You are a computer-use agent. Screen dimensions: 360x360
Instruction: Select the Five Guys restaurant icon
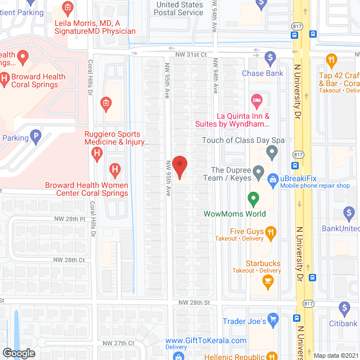pos(271,231)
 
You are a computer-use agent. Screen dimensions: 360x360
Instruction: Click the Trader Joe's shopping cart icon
pos(273,319)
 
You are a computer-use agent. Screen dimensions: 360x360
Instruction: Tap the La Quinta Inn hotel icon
pos(256,102)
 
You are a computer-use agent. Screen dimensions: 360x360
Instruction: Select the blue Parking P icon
pos(35,136)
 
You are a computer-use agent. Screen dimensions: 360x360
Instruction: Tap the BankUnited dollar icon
pos(349,213)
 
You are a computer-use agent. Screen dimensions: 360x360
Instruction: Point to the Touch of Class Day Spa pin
pos(272,151)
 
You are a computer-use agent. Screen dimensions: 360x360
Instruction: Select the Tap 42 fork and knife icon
pos(332,60)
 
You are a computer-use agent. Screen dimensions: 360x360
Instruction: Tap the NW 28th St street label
pos(194,302)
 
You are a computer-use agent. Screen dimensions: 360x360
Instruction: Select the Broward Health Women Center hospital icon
pos(115,169)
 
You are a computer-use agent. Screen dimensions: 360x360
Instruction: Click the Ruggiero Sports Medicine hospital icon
pos(97,151)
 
